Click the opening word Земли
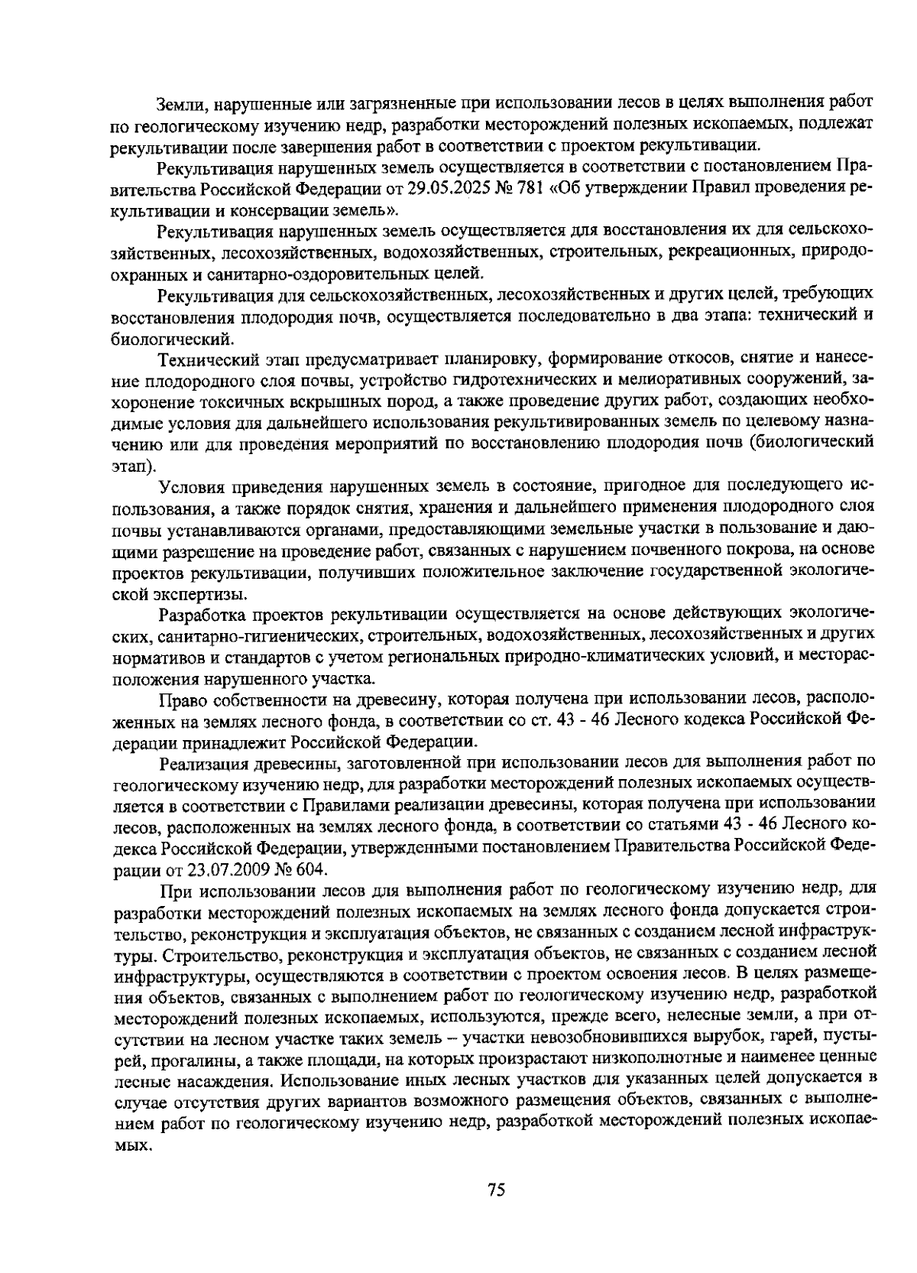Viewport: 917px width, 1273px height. pos(178,104)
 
